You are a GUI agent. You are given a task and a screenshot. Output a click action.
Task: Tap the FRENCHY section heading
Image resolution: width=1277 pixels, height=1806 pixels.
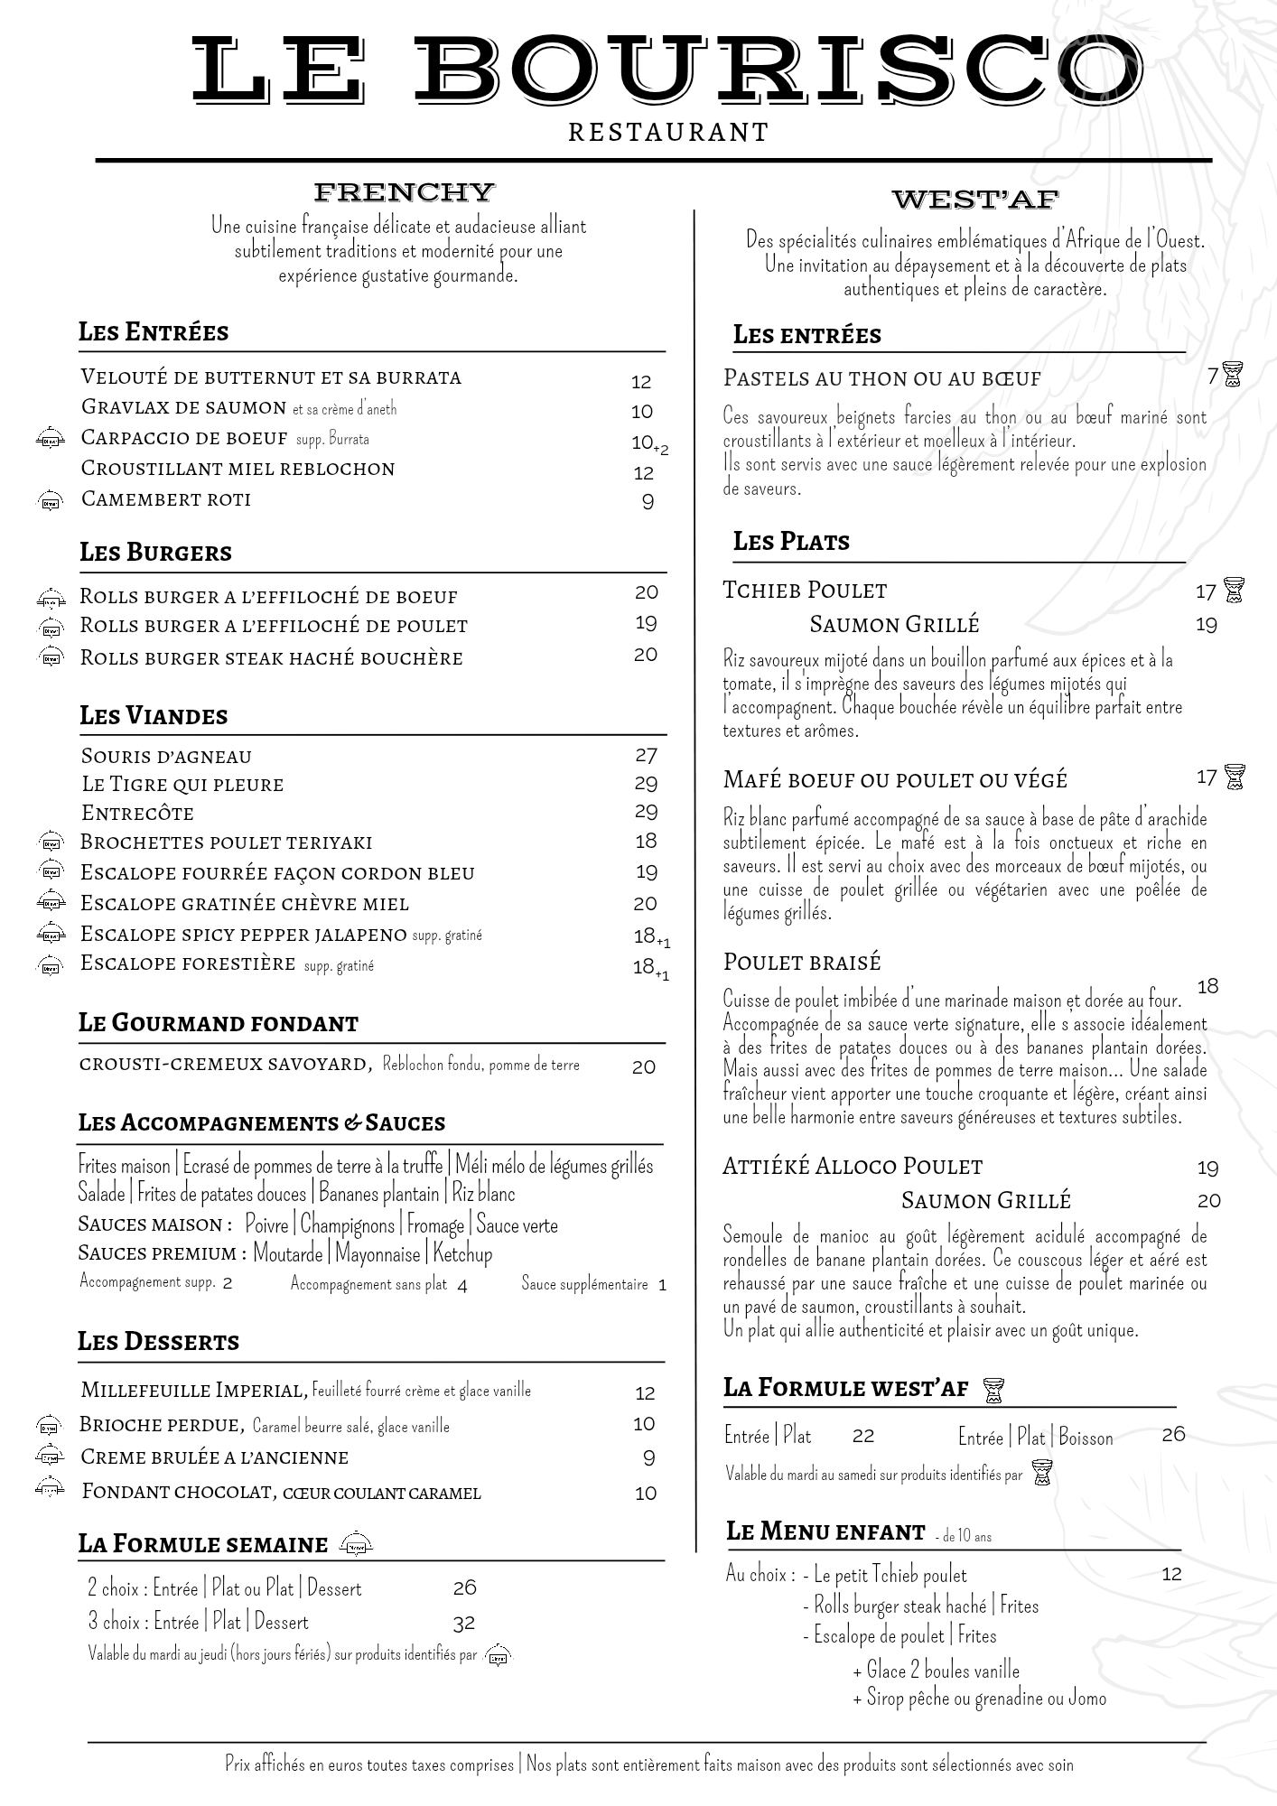tap(404, 191)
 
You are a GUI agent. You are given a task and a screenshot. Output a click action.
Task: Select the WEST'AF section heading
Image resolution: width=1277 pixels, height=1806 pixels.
tap(974, 199)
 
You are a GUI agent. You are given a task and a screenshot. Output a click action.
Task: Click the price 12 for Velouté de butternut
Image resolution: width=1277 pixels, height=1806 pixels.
tap(641, 382)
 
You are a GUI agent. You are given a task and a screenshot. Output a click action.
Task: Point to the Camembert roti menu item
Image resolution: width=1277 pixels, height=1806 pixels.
tap(166, 499)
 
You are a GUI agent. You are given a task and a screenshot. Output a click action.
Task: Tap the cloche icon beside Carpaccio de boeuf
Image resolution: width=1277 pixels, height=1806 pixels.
tap(51, 440)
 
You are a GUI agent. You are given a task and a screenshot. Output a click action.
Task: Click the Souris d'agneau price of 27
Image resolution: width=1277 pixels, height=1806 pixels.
tap(646, 755)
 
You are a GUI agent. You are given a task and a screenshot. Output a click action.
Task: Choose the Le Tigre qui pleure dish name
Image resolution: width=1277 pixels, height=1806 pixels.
tap(182, 784)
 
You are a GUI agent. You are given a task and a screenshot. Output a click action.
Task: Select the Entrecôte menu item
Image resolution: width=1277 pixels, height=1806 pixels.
tap(137, 813)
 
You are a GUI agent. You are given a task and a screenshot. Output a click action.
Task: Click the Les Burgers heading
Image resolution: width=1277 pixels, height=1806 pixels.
tap(155, 552)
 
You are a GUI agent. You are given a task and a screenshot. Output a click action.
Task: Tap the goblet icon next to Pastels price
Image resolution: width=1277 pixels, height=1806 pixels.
tap(1232, 375)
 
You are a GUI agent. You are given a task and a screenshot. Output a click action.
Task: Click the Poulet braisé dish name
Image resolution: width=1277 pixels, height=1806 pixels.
tap(802, 962)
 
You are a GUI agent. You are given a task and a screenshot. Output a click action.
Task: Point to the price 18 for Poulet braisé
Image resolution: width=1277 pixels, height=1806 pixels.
tap(1207, 986)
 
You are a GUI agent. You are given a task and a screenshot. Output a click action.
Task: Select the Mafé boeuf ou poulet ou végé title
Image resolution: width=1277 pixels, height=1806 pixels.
tap(895, 778)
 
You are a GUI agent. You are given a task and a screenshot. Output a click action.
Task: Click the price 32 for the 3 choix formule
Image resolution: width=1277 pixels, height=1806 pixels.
tap(463, 1623)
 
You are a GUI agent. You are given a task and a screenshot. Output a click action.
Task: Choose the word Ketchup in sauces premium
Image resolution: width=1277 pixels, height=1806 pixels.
tap(462, 1253)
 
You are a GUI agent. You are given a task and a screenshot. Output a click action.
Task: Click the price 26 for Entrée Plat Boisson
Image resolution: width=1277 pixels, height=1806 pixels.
tap(1173, 1434)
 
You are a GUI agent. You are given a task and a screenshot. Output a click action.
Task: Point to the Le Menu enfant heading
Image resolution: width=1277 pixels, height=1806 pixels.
tap(825, 1531)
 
